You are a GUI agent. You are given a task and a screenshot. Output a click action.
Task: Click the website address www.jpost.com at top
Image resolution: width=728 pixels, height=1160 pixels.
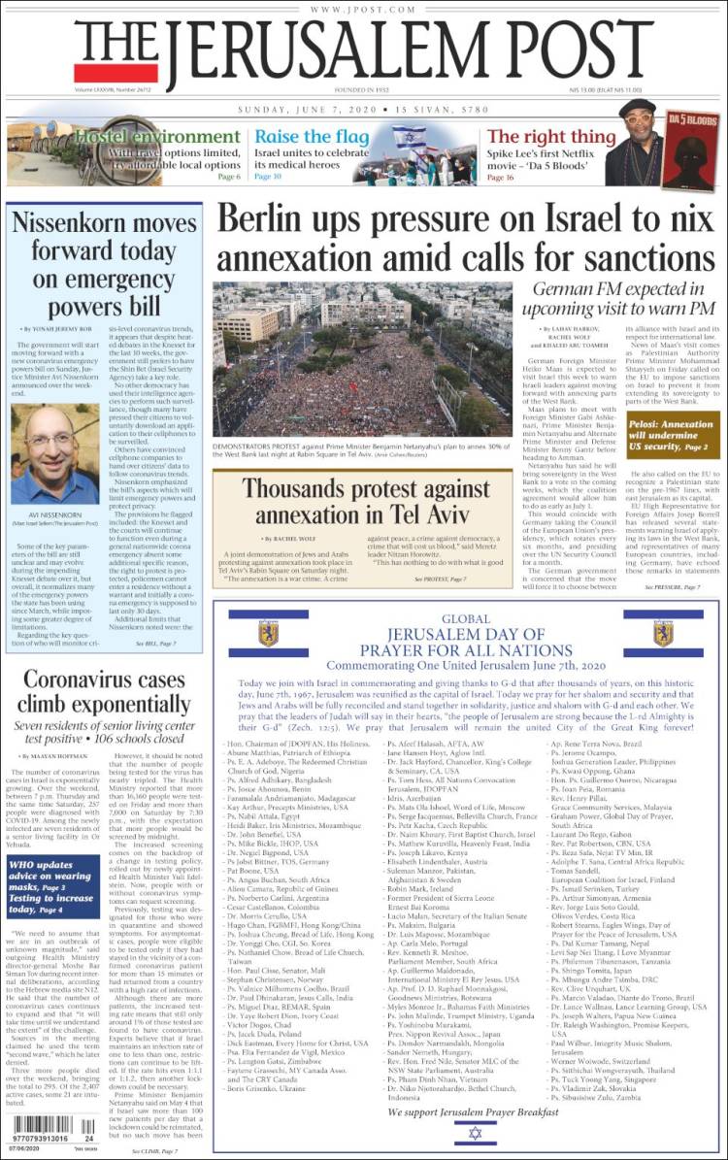tap(364, 10)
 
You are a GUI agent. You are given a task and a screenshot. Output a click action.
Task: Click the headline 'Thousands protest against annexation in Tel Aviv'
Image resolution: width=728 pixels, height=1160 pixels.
tap(364, 502)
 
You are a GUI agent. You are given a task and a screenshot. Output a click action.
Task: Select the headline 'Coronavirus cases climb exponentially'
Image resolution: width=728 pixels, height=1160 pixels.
tap(105, 694)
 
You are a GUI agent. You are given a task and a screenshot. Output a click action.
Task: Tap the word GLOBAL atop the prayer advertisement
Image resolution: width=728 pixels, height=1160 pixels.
tap(466, 618)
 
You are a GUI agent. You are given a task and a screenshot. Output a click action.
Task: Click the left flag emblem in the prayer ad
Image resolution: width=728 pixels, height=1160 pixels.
tap(268, 634)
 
